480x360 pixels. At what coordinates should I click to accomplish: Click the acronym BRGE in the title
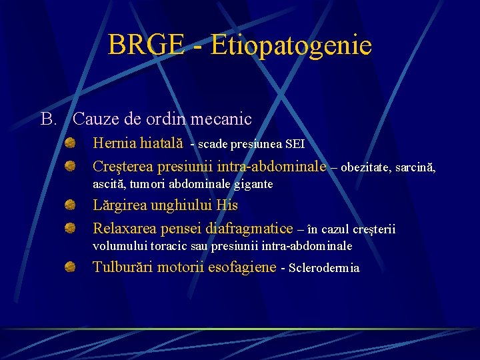coord(146,45)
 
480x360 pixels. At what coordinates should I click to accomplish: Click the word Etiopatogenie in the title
coord(291,45)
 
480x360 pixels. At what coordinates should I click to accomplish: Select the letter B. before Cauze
coord(49,119)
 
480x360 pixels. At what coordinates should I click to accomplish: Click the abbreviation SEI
coord(295,144)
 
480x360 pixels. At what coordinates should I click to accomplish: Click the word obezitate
coord(365,167)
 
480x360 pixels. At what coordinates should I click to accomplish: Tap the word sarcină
coord(415,167)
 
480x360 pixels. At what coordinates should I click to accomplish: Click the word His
coord(227,205)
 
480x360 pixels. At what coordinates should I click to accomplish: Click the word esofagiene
coord(242,267)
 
